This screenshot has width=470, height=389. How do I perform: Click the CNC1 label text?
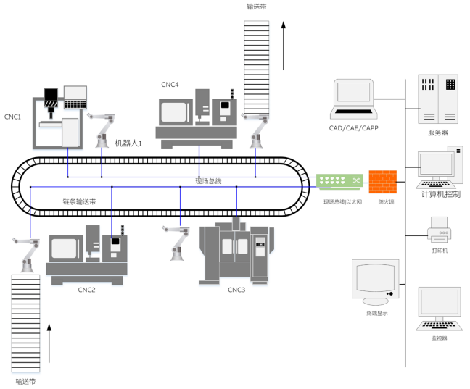click(13, 116)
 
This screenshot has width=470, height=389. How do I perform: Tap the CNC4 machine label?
click(170, 85)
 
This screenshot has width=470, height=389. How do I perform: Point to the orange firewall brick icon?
click(382, 181)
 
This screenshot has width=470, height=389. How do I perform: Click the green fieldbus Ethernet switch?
click(338, 180)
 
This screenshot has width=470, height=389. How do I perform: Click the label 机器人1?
click(128, 143)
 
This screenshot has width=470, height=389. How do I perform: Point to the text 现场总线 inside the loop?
click(208, 180)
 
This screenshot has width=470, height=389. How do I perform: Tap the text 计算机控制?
click(440, 193)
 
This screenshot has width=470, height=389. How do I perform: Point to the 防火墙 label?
click(386, 202)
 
